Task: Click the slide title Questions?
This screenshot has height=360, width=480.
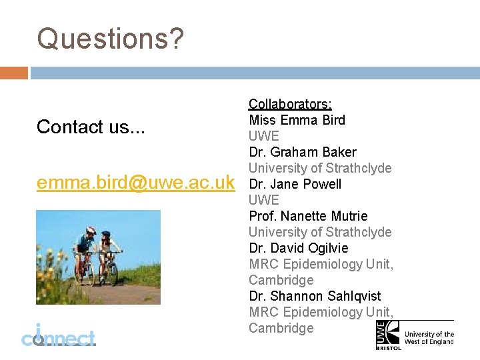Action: [x=109, y=39]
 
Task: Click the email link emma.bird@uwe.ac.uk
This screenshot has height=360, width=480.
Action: [x=135, y=182]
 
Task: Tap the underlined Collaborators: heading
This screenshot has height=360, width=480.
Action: [x=290, y=104]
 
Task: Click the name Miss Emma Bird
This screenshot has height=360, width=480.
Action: [x=297, y=120]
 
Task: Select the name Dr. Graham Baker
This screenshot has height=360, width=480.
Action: [x=302, y=152]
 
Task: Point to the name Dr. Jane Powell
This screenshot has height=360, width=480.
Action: [x=295, y=184]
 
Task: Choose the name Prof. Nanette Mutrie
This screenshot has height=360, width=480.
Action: [x=308, y=216]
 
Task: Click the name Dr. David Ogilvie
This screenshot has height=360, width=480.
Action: [x=298, y=248]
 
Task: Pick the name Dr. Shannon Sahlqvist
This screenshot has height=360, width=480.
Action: [x=315, y=296]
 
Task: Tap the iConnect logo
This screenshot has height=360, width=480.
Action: [x=58, y=335]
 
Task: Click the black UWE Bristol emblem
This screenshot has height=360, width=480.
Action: [x=387, y=335]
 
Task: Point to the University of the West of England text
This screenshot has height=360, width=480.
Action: [x=429, y=338]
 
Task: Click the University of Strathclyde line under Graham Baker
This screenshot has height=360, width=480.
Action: [x=320, y=168]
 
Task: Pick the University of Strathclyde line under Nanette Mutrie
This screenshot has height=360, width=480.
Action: [x=320, y=232]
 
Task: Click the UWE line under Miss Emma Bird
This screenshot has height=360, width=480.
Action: [x=263, y=136]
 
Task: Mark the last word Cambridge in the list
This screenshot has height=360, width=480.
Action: [x=281, y=328]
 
